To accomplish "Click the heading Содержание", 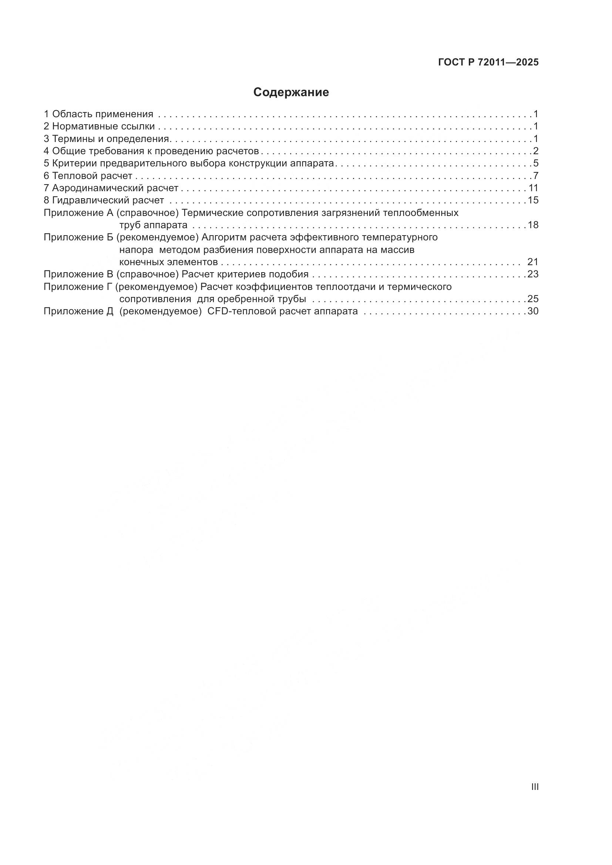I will coord(291,92).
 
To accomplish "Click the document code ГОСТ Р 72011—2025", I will coord(488,62).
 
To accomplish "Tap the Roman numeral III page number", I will coord(535,787).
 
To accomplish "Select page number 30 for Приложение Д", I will coord(533,311).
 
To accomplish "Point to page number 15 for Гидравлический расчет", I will coord(533,200).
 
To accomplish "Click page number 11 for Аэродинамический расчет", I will coord(533,187).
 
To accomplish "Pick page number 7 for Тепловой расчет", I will coord(536,176).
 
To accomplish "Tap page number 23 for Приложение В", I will coord(533,274).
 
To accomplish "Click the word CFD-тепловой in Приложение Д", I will coord(239,311).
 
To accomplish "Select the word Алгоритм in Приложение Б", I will coord(224,237).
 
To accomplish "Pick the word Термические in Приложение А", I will coord(212,213).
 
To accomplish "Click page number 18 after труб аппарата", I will coord(533,225).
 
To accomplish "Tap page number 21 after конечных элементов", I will coord(533,262).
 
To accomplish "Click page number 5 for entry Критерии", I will coord(536,163).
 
